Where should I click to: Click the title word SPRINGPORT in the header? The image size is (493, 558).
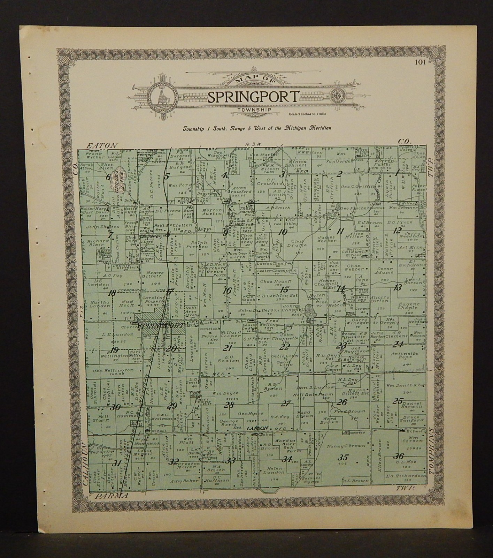click(253, 97)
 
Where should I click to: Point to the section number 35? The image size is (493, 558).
click(344, 458)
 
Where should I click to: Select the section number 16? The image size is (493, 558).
click(228, 290)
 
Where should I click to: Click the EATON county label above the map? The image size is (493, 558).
click(103, 145)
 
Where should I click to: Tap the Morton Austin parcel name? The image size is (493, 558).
click(212, 212)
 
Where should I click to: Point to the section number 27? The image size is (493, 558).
click(286, 404)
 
